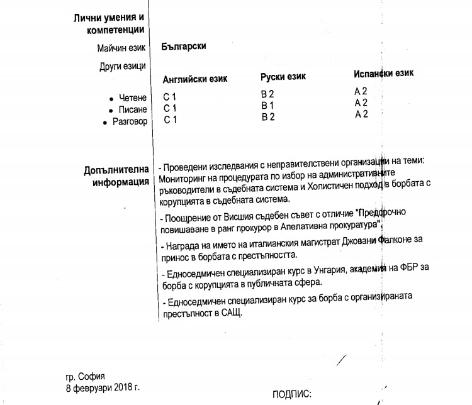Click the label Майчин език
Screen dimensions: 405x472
[x=121, y=48]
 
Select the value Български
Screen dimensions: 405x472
[x=183, y=47]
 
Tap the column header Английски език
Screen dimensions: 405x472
[x=195, y=79]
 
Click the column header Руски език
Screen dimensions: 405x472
[x=283, y=77]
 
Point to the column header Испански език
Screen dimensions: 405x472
[x=383, y=74]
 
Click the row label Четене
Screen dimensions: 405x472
[x=133, y=98]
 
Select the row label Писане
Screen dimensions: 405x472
[x=133, y=109]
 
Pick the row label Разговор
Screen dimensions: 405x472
[x=130, y=121]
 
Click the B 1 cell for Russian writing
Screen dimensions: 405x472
[x=268, y=106]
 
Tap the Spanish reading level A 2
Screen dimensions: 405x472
[x=361, y=91]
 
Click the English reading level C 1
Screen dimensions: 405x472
[x=171, y=97]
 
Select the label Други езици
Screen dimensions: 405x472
[x=123, y=65]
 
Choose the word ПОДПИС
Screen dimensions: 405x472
[x=291, y=395]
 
